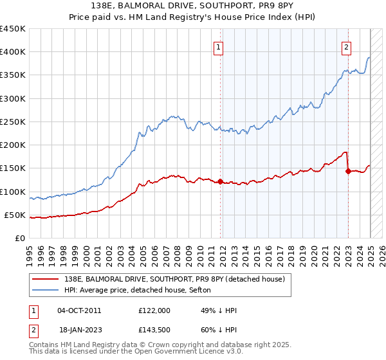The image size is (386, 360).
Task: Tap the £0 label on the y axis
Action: (x=21, y=239)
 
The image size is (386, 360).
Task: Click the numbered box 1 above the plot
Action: (x=219, y=46)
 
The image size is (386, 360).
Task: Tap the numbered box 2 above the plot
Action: (x=347, y=46)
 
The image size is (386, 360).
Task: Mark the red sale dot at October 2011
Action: (x=220, y=182)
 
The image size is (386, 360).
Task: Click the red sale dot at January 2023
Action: (x=348, y=172)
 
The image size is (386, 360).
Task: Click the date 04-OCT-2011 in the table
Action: (x=79, y=310)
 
